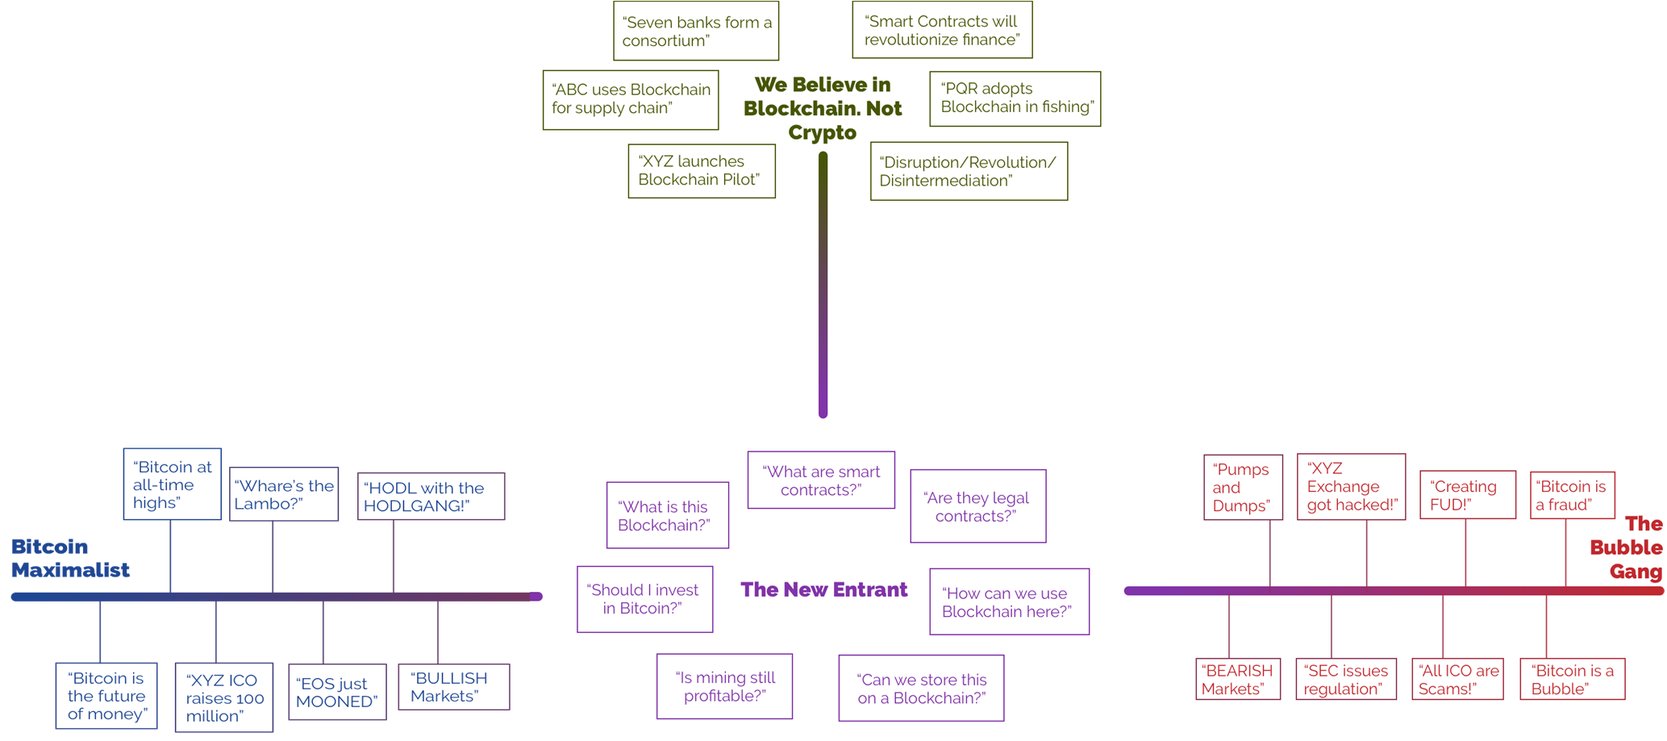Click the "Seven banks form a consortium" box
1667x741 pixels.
pos(696,31)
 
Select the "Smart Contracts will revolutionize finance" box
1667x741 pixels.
pos(942,30)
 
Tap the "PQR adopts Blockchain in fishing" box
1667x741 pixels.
pos(1015,98)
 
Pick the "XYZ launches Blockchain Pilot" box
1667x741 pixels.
pos(702,171)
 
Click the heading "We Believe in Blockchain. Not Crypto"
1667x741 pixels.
pos(823,108)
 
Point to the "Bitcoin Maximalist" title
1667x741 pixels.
pos(70,558)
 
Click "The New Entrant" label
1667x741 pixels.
pos(823,589)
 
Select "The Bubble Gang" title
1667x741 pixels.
pos(1627,547)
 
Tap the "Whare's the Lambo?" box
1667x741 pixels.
pos(284,494)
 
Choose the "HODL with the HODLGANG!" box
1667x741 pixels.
pos(431,497)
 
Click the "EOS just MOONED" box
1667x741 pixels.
pos(337,692)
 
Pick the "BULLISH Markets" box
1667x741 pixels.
pos(453,687)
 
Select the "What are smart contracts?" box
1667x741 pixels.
pos(821,481)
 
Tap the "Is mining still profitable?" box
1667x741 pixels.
pos(724,686)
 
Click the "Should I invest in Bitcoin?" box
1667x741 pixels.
pos(644,599)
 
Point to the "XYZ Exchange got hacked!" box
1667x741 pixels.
pos(1351,487)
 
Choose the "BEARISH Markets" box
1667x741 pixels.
pos(1238,679)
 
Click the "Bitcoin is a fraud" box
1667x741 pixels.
pos(1572,495)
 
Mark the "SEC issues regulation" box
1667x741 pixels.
pos(1345,679)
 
